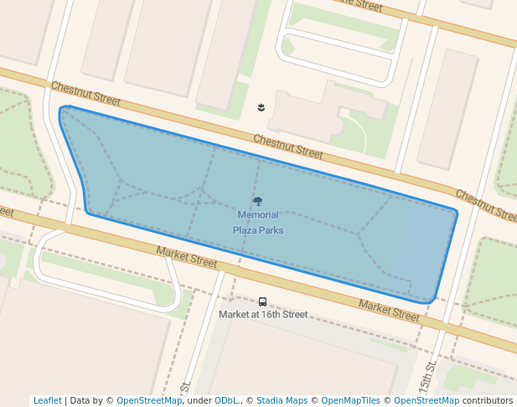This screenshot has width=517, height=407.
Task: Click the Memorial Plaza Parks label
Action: pyautogui.click(x=257, y=223)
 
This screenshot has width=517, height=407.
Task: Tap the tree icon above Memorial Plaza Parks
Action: pyautogui.click(x=257, y=201)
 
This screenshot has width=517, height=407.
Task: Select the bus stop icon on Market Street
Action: pyautogui.click(x=262, y=301)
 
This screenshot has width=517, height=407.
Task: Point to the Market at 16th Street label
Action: pyautogui.click(x=263, y=315)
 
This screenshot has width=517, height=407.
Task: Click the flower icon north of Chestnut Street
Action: pyautogui.click(x=262, y=107)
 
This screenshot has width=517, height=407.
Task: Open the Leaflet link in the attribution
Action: pyautogui.click(x=47, y=400)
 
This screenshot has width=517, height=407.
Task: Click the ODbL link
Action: pyautogui.click(x=227, y=400)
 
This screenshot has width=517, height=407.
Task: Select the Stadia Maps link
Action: pyautogui.click(x=282, y=400)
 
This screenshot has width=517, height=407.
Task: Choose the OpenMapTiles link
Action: pyautogui.click(x=350, y=400)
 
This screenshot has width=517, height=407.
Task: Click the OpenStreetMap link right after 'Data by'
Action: pyautogui.click(x=149, y=400)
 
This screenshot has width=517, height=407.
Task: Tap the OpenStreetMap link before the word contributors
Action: pyautogui.click(x=427, y=400)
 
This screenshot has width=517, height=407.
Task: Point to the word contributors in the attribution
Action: pyautogui.click(x=488, y=400)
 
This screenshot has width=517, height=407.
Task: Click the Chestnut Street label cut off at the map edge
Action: pyautogui.click(x=487, y=205)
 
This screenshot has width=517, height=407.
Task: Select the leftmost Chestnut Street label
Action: pyautogui.click(x=85, y=94)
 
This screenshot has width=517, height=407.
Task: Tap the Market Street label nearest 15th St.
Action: pyautogui.click(x=389, y=310)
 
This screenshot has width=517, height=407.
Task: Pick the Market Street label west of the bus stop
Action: pyautogui.click(x=186, y=257)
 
